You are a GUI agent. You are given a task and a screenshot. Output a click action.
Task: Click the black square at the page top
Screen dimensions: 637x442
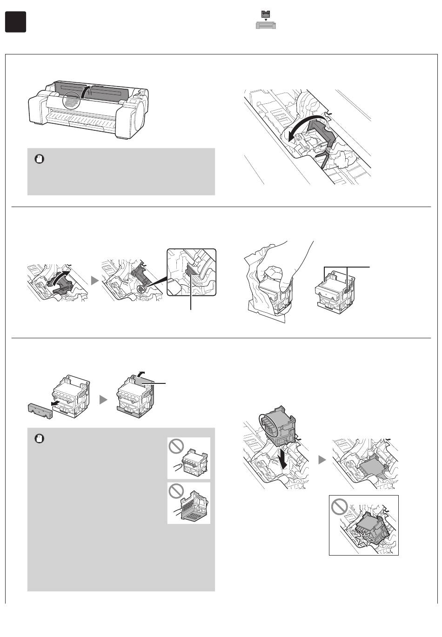(15, 22)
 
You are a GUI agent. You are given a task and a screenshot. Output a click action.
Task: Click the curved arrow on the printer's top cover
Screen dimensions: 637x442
(84, 91)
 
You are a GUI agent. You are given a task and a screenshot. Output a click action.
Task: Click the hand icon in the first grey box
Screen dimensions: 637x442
(39, 159)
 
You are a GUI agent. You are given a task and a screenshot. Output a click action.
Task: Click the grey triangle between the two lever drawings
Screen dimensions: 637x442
(95, 281)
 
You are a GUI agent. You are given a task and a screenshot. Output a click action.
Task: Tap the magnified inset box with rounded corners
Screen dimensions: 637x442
(191, 272)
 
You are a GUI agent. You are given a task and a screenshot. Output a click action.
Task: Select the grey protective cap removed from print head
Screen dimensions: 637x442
(40, 409)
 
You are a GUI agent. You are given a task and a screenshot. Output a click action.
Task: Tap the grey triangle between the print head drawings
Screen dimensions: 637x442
(103, 400)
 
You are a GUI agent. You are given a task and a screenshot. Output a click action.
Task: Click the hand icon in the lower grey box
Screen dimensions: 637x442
(39, 438)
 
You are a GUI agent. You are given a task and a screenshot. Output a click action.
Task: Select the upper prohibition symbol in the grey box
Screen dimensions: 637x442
(176, 447)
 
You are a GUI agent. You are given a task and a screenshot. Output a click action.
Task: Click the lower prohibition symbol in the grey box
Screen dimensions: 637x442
(176, 491)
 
